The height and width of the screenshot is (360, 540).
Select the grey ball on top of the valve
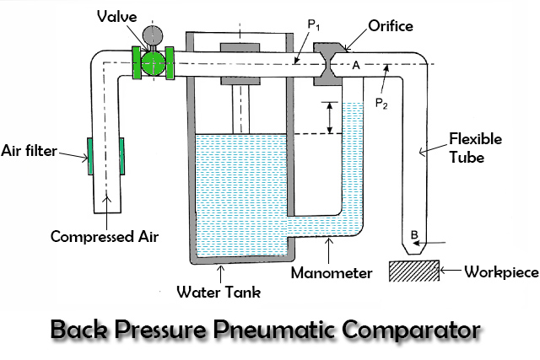[154, 35]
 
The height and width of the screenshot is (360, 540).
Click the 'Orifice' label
[391, 26]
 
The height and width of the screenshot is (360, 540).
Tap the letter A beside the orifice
[356, 66]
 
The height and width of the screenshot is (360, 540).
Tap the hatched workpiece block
[413, 271]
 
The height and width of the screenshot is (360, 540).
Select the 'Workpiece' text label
[499, 272]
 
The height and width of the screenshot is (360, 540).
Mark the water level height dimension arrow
[330, 118]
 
